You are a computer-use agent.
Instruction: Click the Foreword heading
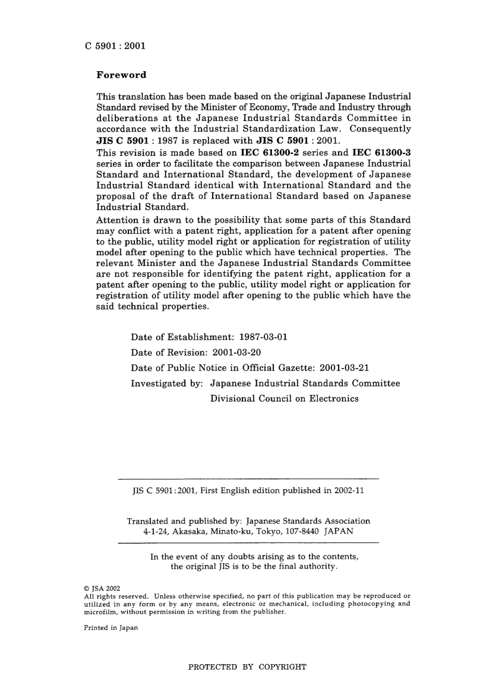[x=121, y=75]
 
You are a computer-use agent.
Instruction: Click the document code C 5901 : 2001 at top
[x=115, y=46]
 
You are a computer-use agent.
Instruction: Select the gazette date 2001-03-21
[x=344, y=368]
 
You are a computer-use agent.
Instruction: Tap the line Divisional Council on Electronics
[x=284, y=399]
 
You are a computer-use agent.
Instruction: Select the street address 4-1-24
[x=155, y=531]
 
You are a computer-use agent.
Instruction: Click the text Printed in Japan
[x=111, y=628]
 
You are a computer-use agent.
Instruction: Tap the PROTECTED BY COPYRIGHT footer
[x=247, y=667]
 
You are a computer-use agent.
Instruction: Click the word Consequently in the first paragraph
[x=380, y=129]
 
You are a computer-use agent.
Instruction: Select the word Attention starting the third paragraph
[x=118, y=220]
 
